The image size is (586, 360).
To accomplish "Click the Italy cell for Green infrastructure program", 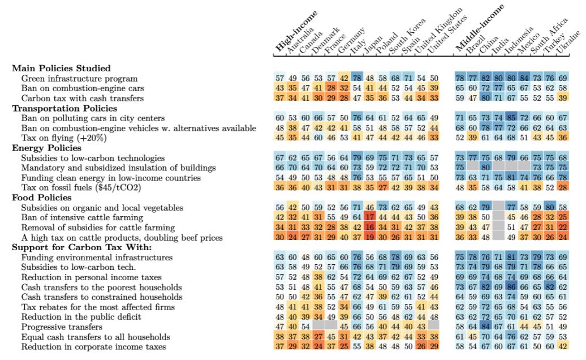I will [357, 78].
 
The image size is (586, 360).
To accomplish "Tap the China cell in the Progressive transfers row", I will [485, 327].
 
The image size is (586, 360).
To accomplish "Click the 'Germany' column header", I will [350, 40].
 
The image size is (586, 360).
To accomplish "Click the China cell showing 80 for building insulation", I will [485, 168].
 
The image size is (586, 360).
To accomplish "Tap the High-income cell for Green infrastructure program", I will [279, 78].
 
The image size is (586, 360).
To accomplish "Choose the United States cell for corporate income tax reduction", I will [434, 346].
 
